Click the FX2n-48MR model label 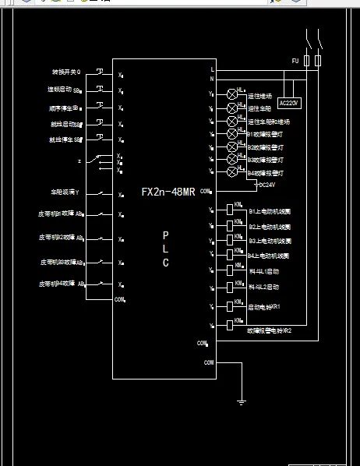click(x=168, y=191)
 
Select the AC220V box click(x=289, y=102)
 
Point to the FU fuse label click(x=295, y=60)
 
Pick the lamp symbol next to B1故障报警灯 click(x=231, y=133)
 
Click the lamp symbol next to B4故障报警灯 click(x=231, y=171)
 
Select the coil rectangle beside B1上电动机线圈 click(x=231, y=211)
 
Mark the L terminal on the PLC click(x=212, y=69)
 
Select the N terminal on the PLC click(x=212, y=78)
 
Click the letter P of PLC click(x=165, y=234)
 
